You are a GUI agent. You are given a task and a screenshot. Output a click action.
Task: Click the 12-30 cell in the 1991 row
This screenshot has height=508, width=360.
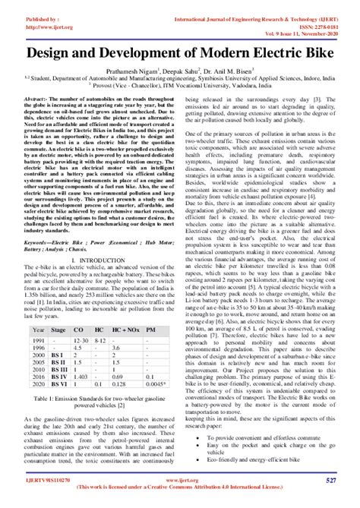coord(80,342)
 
